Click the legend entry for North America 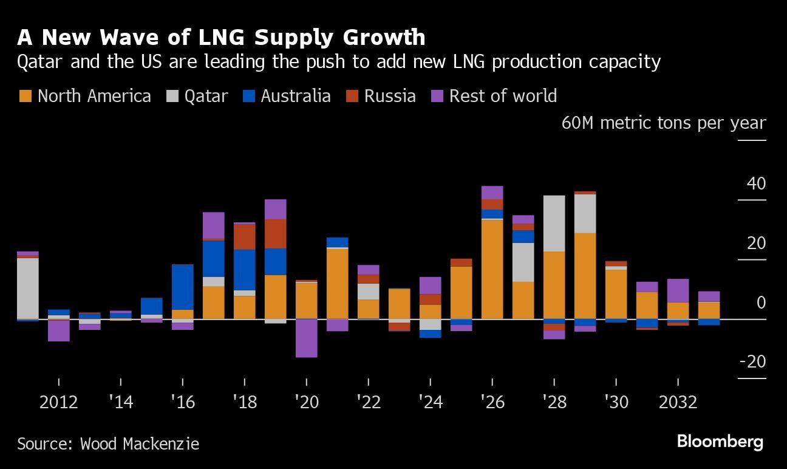point(85,96)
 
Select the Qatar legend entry point(198,96)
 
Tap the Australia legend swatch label point(287,96)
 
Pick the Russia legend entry point(381,96)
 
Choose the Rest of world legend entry point(494,96)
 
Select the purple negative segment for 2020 point(306,338)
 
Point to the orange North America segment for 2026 point(492,269)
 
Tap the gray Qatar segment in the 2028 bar point(554,223)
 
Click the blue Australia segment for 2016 point(182,287)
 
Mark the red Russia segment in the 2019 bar point(275,234)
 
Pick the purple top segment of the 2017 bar point(213,225)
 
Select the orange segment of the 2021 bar point(337,284)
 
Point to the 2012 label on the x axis point(58,402)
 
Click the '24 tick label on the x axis point(430,402)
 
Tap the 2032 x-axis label point(678,402)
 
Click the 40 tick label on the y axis point(756,183)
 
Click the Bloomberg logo point(720,442)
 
